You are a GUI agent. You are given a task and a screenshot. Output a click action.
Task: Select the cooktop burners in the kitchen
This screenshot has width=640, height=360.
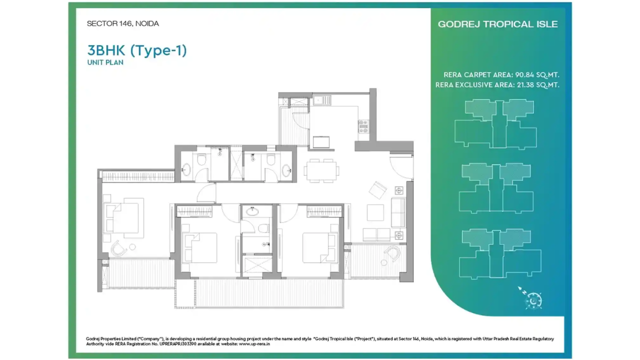click(363, 126)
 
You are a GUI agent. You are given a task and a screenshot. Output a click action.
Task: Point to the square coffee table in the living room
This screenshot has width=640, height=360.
click(375, 212)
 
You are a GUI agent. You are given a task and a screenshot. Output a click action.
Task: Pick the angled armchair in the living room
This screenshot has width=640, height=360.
click(377, 189)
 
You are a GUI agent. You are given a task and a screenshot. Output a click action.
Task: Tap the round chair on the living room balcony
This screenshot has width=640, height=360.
click(393, 253)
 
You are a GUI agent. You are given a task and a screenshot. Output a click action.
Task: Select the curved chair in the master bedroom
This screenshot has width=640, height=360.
click(119, 247)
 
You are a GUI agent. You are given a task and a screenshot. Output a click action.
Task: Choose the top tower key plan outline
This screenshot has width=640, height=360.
click(495, 123)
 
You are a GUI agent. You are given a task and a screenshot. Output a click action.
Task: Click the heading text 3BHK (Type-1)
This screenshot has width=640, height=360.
click(137, 50)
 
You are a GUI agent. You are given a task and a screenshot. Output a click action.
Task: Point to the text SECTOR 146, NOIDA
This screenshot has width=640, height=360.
click(122, 23)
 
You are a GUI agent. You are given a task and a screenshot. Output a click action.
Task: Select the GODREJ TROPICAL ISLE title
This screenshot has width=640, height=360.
click(497, 24)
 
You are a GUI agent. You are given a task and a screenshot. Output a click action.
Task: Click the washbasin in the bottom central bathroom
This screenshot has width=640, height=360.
click(253, 211)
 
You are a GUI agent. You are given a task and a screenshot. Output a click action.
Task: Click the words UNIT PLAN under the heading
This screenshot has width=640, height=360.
click(105, 62)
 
